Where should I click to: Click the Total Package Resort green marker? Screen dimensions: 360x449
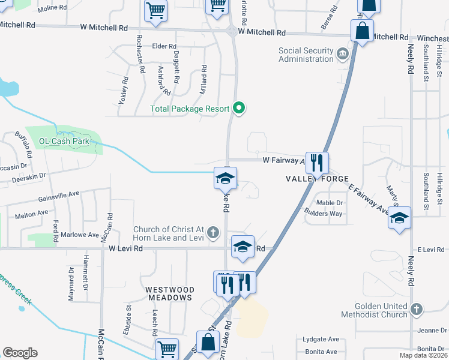coord(239,109)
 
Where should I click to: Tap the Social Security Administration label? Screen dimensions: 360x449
coord(306,55)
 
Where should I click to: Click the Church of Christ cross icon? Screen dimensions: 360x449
coord(212,232)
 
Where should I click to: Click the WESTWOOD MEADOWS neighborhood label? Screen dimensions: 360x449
coord(170,293)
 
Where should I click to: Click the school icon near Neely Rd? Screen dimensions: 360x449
coord(400,218)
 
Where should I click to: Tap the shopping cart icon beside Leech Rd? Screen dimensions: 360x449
coord(167,349)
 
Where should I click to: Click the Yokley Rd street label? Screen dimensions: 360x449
coord(124,90)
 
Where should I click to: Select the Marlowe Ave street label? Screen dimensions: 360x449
coord(82,235)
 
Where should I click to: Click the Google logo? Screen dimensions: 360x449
coord(20,353)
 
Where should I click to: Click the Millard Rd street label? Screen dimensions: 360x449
coord(204,74)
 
